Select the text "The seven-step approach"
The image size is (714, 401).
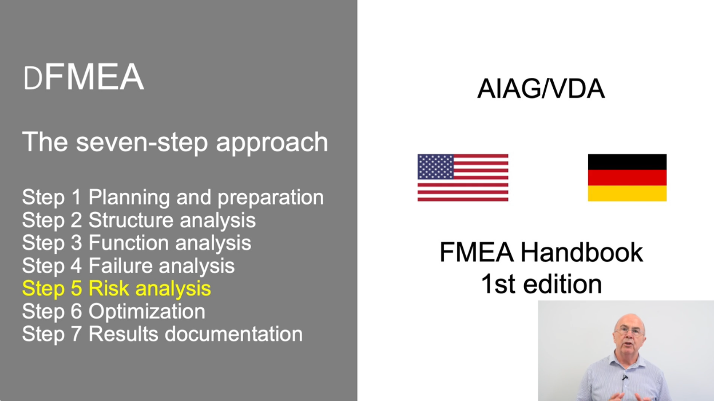tap(175, 142)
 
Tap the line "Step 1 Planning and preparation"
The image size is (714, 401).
tap(173, 197)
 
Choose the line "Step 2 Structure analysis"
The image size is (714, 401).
tap(139, 220)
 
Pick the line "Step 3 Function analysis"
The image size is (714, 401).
tap(137, 243)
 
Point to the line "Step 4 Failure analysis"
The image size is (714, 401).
tap(128, 266)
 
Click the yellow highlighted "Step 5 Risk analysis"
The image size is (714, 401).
tap(117, 288)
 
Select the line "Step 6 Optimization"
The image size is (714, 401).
tap(114, 311)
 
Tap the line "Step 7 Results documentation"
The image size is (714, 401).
tap(162, 334)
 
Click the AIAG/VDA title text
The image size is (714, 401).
tap(541, 89)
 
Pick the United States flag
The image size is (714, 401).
tap(463, 178)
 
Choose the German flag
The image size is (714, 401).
tap(627, 178)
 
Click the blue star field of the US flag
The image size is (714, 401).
tap(436, 167)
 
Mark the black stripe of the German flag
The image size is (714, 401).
tap(627, 162)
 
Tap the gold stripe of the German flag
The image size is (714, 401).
tap(627, 194)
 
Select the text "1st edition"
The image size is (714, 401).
tap(541, 284)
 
